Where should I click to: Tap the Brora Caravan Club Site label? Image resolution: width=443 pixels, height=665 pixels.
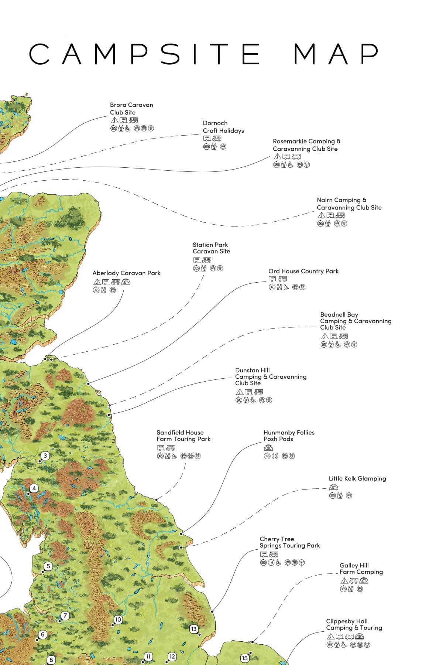coord(131,109)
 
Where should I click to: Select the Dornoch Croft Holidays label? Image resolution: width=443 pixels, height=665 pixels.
coord(223,127)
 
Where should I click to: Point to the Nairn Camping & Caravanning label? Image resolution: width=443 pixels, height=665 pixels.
coord(349,204)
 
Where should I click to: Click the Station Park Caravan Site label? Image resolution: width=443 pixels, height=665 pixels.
coord(211,248)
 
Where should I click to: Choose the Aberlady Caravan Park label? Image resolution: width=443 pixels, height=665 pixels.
coord(126,273)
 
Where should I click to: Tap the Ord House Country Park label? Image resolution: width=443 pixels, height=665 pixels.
coord(303,271)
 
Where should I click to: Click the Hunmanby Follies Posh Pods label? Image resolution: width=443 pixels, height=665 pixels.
coord(289,436)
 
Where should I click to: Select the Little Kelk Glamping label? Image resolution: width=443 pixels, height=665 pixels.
coord(357,478)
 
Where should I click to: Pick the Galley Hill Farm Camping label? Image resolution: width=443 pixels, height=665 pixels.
coord(361,569)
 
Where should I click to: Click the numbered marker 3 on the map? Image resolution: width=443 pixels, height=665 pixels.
coord(45,456)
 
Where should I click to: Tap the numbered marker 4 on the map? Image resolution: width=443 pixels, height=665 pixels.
coord(34,488)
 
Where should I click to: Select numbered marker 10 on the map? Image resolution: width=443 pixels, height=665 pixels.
coord(118,620)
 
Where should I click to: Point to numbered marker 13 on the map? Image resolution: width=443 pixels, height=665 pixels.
coord(194,629)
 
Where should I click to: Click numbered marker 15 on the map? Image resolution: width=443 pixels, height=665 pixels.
coord(244,658)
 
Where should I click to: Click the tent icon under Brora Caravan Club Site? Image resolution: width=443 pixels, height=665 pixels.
coord(114,120)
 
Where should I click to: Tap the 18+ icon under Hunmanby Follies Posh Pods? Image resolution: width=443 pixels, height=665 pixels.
coord(275,456)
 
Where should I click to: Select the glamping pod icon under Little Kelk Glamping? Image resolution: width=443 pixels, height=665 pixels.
coord(333,488)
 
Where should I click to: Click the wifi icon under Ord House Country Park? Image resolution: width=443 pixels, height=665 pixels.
coord(302,287)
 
